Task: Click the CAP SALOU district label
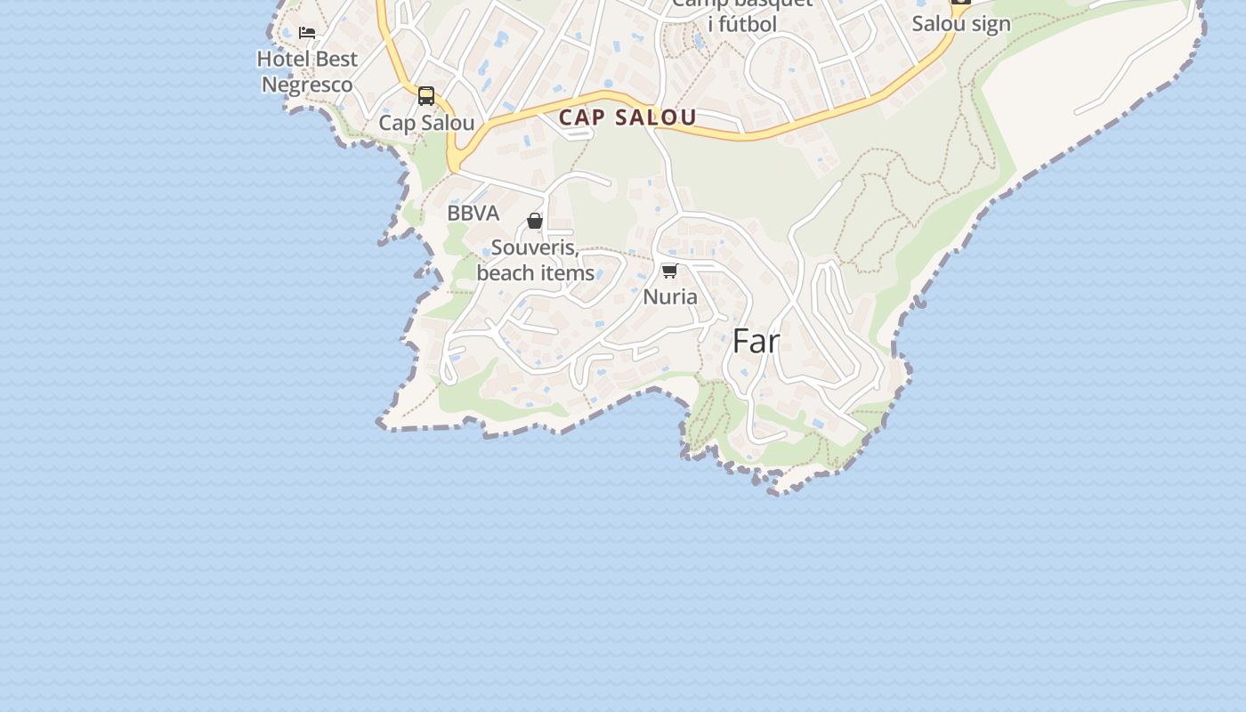627,117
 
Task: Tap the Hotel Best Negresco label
307,72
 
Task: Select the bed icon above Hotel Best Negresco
307,33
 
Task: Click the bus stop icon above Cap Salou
426,96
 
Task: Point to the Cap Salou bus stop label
426,123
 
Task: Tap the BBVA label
473,214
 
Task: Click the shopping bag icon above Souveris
535,221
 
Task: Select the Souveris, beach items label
535,260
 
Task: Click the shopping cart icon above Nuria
670,271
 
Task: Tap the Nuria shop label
670,296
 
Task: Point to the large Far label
756,341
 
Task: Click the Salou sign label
961,24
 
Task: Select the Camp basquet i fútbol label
742,14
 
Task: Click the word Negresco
307,85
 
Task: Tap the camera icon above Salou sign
961,2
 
